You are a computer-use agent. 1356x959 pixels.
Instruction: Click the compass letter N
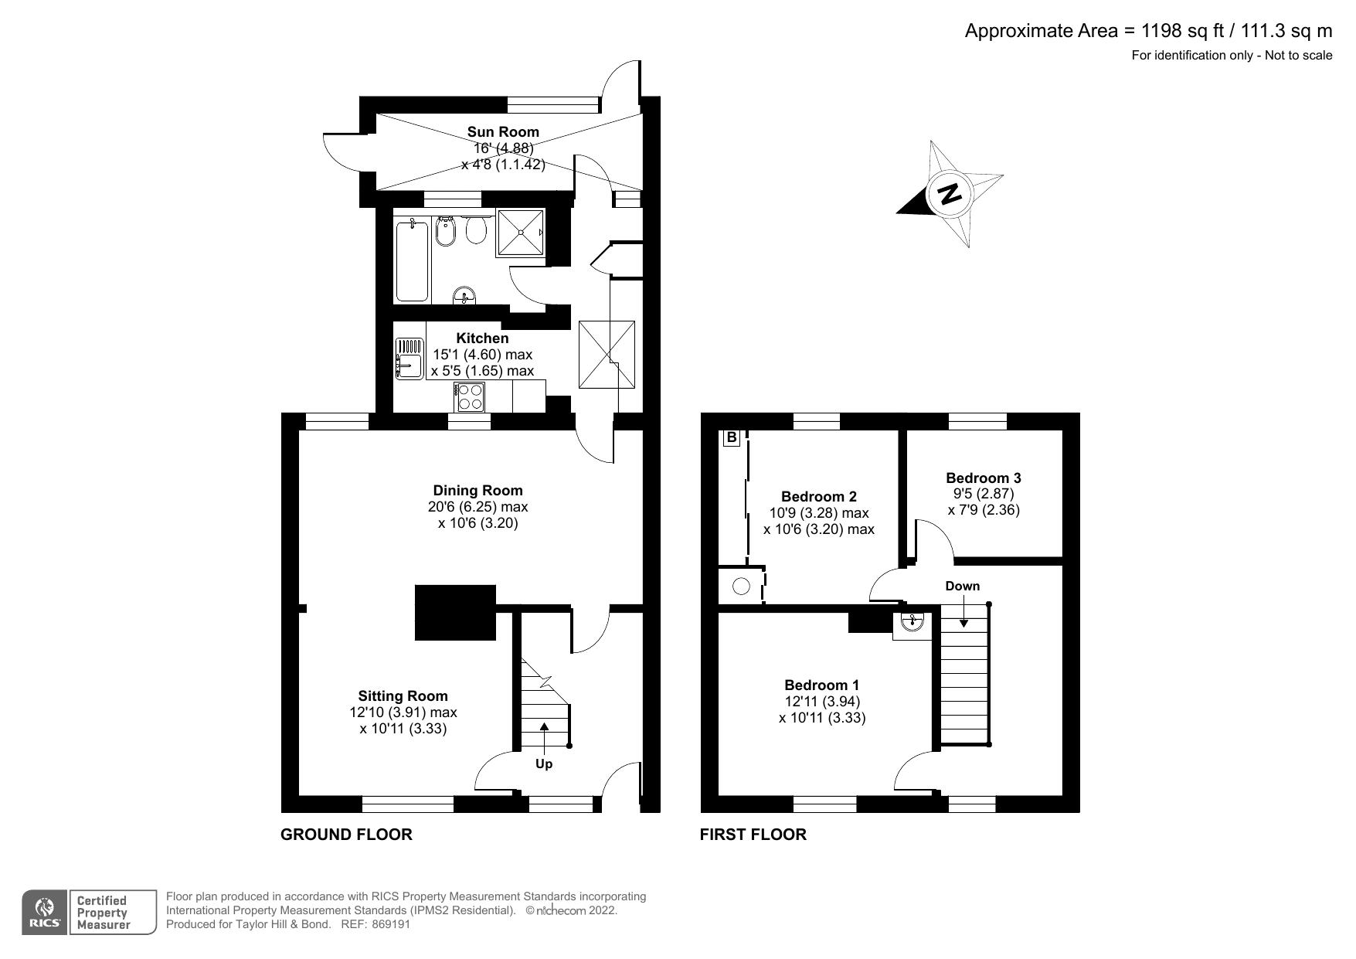pyautogui.click(x=950, y=193)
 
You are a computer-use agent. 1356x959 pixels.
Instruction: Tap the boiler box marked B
pyautogui.click(x=731, y=438)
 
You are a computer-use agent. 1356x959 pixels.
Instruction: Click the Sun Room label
pyautogui.click(x=503, y=131)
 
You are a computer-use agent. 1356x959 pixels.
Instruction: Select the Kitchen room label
pyautogui.click(x=482, y=338)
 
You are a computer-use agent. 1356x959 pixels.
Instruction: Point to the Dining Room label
pyautogui.click(x=477, y=490)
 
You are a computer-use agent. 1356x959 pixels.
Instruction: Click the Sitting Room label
pyautogui.click(x=403, y=695)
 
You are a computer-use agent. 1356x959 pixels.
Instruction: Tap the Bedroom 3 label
pyautogui.click(x=983, y=478)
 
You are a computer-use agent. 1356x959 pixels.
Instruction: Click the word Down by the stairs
pyautogui.click(x=962, y=586)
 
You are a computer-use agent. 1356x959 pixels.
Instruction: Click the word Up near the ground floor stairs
pyautogui.click(x=544, y=763)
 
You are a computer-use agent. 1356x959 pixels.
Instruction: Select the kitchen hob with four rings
pyautogui.click(x=470, y=397)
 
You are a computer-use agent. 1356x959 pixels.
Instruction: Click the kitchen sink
pyautogui.click(x=409, y=359)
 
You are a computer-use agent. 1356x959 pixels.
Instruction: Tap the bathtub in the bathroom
pyautogui.click(x=412, y=260)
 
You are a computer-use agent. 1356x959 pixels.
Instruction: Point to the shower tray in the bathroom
pyautogui.click(x=520, y=232)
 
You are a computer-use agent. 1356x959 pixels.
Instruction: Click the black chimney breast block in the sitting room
pyautogui.click(x=455, y=612)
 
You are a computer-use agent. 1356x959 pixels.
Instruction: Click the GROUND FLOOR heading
pyautogui.click(x=346, y=835)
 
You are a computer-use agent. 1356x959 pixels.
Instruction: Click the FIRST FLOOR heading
pyautogui.click(x=753, y=835)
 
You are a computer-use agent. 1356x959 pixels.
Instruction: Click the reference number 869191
pyautogui.click(x=391, y=924)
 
